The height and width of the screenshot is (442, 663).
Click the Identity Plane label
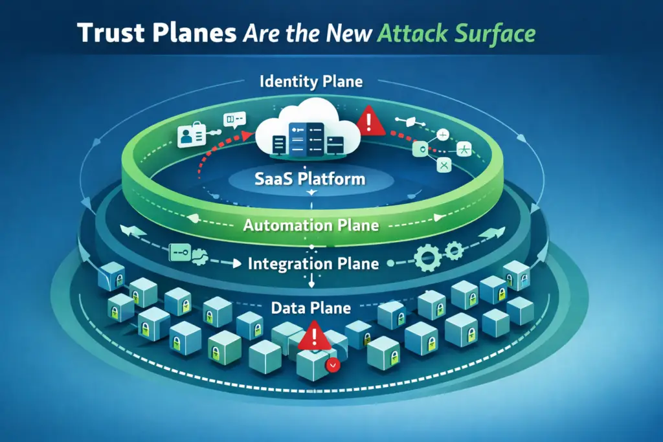click(x=310, y=82)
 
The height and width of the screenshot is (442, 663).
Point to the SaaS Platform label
click(x=310, y=178)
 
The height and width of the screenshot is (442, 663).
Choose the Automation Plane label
click(x=311, y=227)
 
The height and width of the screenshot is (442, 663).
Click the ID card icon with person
click(x=191, y=135)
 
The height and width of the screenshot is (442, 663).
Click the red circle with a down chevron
click(x=333, y=365)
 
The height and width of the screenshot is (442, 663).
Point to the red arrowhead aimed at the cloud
click(x=247, y=135)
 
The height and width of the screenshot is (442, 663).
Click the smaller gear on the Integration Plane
click(x=455, y=250)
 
